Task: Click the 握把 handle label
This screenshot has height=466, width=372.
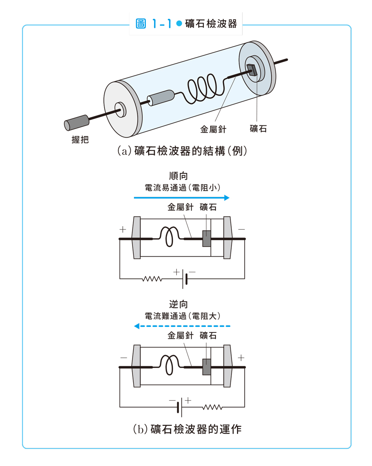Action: (x=80, y=139)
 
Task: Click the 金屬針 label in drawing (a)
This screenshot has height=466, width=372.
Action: (x=213, y=129)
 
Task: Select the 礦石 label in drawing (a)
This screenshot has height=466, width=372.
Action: (x=258, y=129)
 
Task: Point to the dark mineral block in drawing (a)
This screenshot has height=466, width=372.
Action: (x=252, y=70)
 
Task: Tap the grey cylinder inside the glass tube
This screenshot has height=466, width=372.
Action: (x=161, y=97)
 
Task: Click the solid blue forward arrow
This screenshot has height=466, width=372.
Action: (x=182, y=197)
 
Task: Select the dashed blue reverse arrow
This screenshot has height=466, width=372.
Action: (x=182, y=326)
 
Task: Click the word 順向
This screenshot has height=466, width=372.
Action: (x=179, y=176)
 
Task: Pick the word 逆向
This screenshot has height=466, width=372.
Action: (x=179, y=304)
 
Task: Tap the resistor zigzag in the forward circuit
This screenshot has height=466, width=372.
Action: (x=152, y=279)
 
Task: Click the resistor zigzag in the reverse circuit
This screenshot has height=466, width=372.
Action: (x=212, y=407)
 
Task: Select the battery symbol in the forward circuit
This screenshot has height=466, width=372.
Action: (x=185, y=278)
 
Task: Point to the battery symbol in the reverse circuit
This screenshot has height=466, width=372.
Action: (x=180, y=407)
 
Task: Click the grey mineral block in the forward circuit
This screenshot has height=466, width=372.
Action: (x=206, y=238)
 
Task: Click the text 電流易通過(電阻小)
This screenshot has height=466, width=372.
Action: (x=182, y=187)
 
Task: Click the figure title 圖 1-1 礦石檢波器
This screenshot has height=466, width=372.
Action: (x=186, y=24)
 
